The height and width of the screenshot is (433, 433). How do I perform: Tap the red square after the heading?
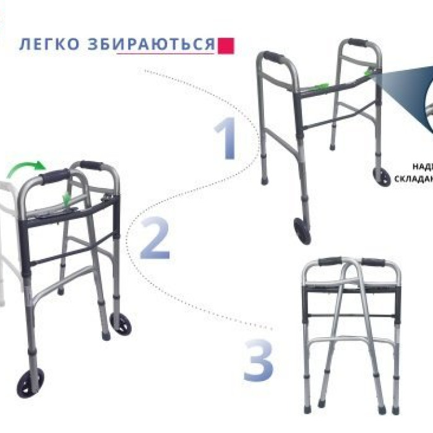pos(228,45)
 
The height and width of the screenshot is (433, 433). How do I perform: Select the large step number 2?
pos(154,238)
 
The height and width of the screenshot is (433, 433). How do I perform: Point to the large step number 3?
pos(257,360)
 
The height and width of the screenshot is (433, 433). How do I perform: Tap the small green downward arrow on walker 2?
pos(67,197)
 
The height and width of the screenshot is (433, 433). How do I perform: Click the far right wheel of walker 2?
pos(119,325)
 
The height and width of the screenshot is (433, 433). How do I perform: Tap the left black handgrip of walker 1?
pos(273,59)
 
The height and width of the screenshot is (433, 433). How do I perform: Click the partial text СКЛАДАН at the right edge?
pos(413,179)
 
